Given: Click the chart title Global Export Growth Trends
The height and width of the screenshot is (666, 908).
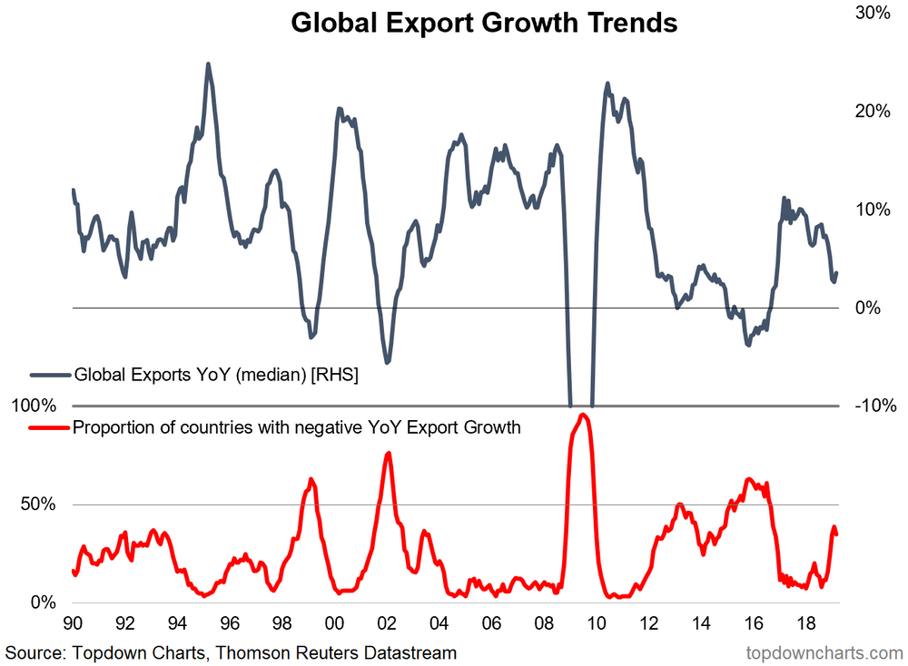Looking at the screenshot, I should click(x=484, y=23).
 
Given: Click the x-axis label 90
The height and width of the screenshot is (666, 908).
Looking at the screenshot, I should click(x=73, y=624).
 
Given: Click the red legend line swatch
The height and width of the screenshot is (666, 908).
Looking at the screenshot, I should click(x=49, y=427).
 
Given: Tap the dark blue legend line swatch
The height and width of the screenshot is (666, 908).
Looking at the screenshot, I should click(x=49, y=374).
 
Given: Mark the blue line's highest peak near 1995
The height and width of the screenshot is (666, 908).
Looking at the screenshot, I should click(x=208, y=64).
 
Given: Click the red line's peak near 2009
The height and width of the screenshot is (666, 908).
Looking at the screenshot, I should click(x=583, y=415).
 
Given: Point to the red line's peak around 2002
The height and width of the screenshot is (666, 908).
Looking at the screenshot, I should click(x=388, y=453).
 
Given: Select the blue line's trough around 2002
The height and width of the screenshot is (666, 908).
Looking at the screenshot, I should click(x=388, y=363).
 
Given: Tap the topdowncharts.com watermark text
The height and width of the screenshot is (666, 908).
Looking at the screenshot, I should click(x=824, y=652).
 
